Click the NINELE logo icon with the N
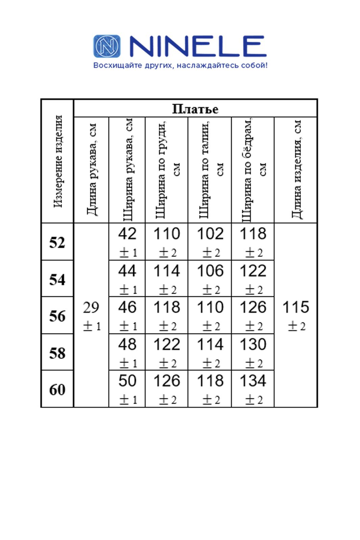point(107,46)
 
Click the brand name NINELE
point(198,46)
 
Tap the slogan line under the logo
point(180,65)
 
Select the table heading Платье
point(195,109)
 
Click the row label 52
point(57,242)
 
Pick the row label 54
point(57,279)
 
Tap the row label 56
point(57,316)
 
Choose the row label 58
point(57,353)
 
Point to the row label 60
point(57,389)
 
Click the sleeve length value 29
point(91,308)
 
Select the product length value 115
point(295,307)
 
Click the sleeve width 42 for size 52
point(127,234)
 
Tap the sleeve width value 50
point(127,381)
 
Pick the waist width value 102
point(210,234)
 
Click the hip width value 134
point(253,381)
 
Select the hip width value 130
point(253,344)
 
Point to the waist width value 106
point(210,271)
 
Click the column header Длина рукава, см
point(92,169)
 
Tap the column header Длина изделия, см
point(296,169)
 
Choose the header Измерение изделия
point(58,161)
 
